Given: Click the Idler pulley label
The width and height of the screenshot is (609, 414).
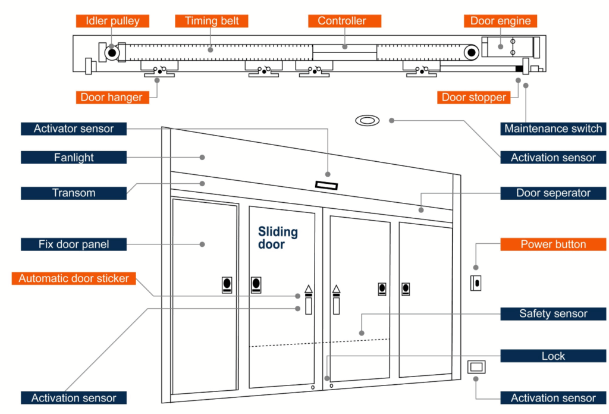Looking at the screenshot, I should pos(112,21).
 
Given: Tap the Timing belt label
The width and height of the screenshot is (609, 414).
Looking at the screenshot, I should pos(212,21).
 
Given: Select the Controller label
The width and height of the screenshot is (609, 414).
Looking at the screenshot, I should pos(341,21).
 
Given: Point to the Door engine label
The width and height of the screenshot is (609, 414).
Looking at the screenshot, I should pos(500,21).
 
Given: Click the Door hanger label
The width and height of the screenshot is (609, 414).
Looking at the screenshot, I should pos(111,97).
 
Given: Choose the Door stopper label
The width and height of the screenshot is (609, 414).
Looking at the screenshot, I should pos(473,97).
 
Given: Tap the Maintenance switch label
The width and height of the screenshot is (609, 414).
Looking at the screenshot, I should pos(553,128).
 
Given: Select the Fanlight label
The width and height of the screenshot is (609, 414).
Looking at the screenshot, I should pos(74,158).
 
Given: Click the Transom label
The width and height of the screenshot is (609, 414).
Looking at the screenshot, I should pos(74,193).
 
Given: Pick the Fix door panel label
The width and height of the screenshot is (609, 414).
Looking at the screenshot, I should pos(74,244).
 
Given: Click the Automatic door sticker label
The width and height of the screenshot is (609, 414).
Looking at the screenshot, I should pos(74,278).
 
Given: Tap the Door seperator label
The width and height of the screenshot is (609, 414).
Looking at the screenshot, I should pos(553,193).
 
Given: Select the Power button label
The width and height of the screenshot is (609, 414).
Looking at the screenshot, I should pos(553,244).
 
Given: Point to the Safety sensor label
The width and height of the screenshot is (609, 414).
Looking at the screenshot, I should pos(553,313).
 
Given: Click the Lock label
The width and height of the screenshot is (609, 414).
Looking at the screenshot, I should pos(553,356).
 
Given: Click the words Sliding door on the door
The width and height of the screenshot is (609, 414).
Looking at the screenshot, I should pos(277,238).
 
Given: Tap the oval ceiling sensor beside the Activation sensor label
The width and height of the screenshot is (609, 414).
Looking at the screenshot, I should pos(367,121).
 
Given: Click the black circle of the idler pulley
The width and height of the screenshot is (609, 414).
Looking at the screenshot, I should pos(112,53).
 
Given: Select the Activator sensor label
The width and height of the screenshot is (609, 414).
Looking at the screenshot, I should pos(74,128).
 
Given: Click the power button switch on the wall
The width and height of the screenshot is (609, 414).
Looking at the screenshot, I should pos(476,283).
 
